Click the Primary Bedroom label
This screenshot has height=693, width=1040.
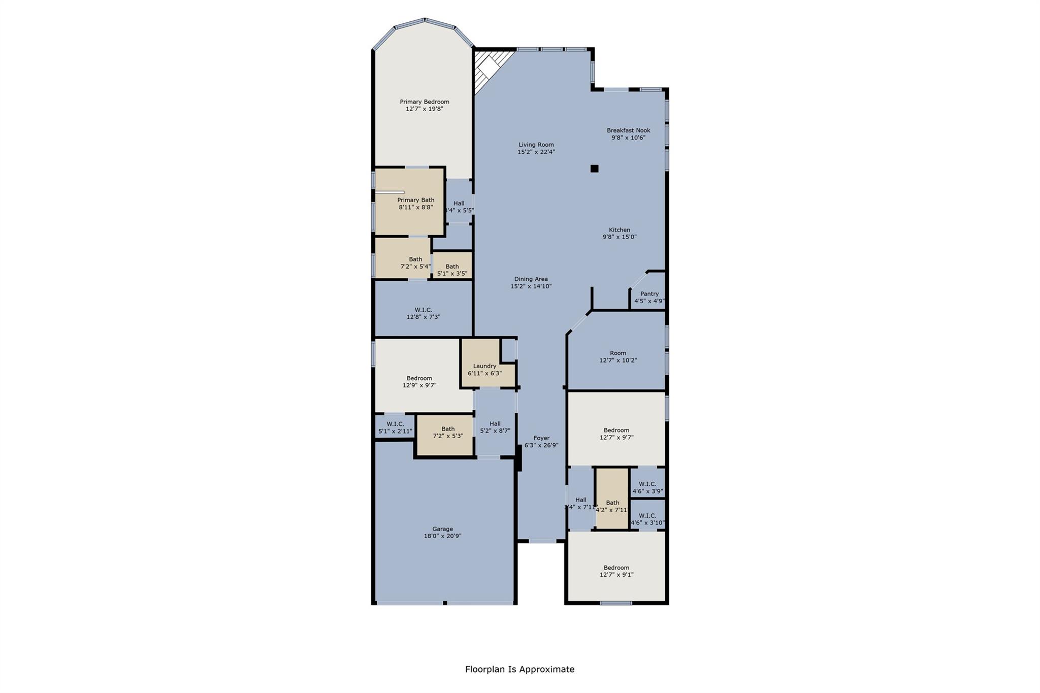click(x=424, y=102)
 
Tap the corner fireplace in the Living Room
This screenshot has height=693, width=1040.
click(x=488, y=69)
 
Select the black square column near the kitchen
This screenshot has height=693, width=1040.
click(x=594, y=169)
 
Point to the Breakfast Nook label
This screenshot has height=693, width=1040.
click(x=628, y=130)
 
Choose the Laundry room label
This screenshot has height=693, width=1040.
click(x=484, y=366)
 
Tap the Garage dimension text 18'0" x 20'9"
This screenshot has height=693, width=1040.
click(x=442, y=536)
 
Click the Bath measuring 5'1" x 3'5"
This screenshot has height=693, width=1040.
click(x=452, y=270)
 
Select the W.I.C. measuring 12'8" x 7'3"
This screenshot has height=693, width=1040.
click(x=423, y=313)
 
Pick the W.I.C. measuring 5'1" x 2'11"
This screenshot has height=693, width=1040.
click(x=395, y=427)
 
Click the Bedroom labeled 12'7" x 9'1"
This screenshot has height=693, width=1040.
click(x=616, y=571)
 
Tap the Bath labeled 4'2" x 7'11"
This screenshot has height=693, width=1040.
click(x=612, y=506)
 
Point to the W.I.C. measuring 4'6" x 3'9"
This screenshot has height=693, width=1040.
click(x=647, y=487)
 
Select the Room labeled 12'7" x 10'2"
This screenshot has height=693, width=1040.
click(x=617, y=356)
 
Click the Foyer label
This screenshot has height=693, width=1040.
click(x=541, y=438)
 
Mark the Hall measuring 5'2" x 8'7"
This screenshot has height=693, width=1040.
click(x=495, y=427)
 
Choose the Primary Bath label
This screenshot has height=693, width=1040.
click(x=415, y=200)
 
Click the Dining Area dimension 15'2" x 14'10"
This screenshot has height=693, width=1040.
click(x=531, y=286)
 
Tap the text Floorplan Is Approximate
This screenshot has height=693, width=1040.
click(x=519, y=669)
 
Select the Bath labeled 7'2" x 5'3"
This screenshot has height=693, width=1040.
click(x=447, y=432)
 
